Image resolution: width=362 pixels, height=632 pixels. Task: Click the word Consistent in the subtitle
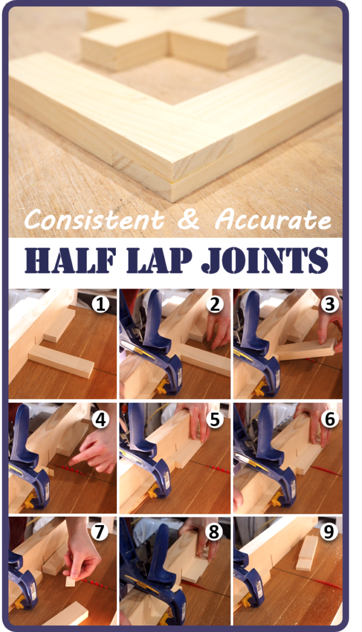94,221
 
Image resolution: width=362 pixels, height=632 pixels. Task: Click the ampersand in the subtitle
189,221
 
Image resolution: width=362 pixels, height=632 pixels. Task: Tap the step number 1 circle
101,305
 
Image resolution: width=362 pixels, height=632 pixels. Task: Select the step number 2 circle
214,305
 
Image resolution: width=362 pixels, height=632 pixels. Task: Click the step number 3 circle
328,305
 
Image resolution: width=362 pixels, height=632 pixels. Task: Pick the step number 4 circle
101,418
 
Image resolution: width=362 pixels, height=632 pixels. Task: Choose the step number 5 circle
214,418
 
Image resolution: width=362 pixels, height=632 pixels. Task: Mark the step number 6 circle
328,418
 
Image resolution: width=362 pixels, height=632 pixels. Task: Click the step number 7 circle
101,532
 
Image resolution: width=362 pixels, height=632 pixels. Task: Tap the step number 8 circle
214,532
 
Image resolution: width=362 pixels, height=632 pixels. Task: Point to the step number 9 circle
328,532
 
